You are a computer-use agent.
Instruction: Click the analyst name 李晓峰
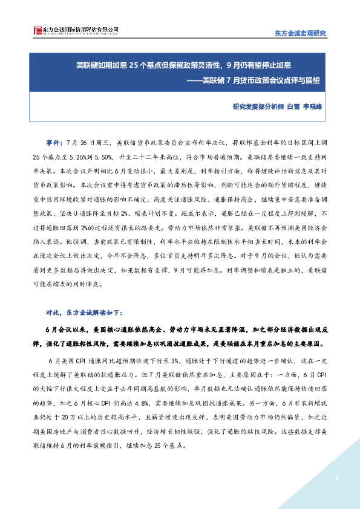[x=313, y=107]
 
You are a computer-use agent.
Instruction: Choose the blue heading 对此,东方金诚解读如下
[x=84, y=313]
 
